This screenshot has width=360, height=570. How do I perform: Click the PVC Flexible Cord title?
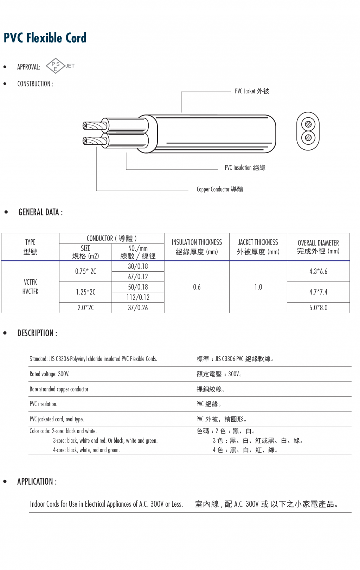click(45, 38)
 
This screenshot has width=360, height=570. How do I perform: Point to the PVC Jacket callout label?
click(252, 91)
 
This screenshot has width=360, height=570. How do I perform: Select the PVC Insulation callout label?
click(245, 168)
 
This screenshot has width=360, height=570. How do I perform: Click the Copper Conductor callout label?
click(220, 189)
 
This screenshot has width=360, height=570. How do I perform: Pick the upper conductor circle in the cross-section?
click(308, 124)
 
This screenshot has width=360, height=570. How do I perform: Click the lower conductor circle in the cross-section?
click(308, 137)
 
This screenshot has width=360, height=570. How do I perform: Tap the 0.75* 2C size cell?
click(85, 271)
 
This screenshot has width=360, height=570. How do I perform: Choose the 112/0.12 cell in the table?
click(138, 297)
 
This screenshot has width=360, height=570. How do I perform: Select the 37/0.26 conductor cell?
click(138, 308)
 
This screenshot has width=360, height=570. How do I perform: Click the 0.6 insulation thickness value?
click(197, 287)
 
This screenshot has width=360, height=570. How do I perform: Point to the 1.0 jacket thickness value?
click(258, 287)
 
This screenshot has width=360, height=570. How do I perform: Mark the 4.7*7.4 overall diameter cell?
click(318, 292)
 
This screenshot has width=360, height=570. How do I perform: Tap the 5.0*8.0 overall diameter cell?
click(318, 308)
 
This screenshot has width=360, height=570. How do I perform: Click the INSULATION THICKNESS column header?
click(197, 247)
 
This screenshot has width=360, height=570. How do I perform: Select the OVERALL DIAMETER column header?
click(318, 247)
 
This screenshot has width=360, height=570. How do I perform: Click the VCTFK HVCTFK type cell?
click(30, 287)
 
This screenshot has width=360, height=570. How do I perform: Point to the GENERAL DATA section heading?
click(40, 212)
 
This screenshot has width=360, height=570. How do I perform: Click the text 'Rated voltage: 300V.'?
click(50, 374)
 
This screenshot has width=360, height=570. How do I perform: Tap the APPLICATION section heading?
click(37, 481)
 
